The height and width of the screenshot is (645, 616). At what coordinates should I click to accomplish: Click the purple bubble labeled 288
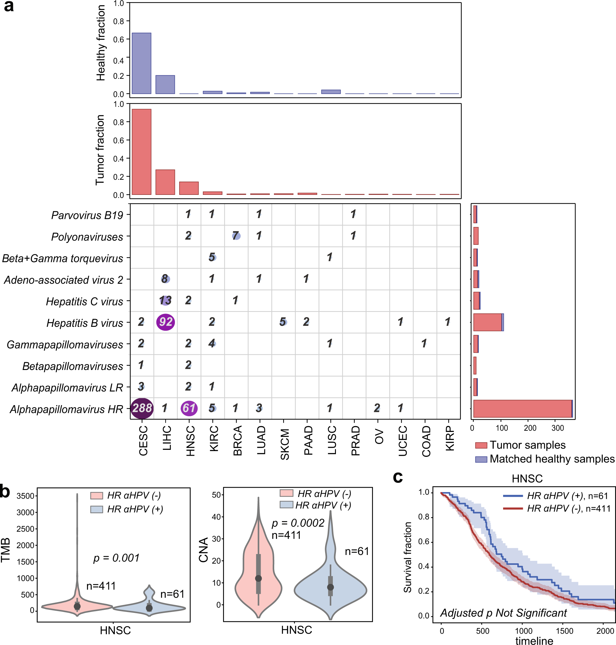142,408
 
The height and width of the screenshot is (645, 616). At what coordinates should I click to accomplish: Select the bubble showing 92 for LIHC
166,322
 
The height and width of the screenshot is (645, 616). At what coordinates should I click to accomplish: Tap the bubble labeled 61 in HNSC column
189,408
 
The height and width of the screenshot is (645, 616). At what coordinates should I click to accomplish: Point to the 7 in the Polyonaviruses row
236,235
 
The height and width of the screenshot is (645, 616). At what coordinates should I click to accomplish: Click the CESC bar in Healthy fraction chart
142,63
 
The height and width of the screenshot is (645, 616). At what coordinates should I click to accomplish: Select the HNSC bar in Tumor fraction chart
189,188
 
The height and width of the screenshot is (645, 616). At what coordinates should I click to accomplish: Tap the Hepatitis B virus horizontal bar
488,322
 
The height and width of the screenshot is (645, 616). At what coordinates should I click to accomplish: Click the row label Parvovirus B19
87,215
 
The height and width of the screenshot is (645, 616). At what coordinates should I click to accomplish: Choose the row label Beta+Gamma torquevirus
62,258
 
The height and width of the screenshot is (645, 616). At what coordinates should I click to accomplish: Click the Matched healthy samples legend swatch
481,459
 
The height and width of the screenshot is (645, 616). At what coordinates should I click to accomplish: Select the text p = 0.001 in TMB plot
116,558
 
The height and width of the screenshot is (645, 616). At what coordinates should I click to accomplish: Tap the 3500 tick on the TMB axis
26,496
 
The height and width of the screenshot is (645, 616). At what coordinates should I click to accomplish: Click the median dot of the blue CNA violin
330,587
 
